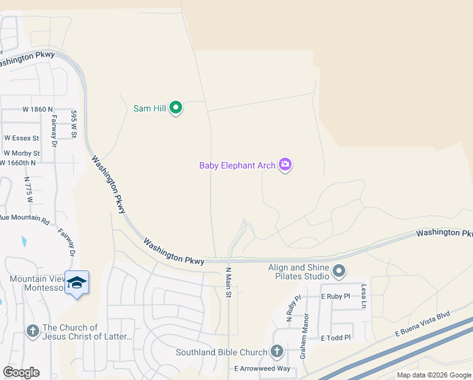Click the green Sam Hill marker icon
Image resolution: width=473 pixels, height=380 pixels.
click(x=176, y=108)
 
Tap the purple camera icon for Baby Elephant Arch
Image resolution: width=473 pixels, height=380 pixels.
click(x=285, y=165)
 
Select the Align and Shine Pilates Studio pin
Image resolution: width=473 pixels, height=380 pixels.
click(x=339, y=272)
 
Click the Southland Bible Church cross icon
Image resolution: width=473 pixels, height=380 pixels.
click(x=276, y=351)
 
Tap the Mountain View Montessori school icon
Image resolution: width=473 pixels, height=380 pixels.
click(x=77, y=282)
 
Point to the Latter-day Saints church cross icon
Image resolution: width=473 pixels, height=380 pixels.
click(x=33, y=331)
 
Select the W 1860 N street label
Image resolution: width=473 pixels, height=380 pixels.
click(x=37, y=109)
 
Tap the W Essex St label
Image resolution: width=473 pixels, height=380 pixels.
click(x=21, y=137)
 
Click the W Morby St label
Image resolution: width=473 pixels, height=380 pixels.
click(x=21, y=153)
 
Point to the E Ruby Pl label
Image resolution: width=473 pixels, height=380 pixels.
click(x=335, y=296)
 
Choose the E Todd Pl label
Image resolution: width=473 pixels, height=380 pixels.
click(x=335, y=338)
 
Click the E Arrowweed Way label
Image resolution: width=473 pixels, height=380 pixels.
click(x=262, y=368)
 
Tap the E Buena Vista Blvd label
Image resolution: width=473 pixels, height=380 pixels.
click(x=422, y=323)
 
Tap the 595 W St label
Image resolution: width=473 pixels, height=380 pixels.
click(x=74, y=123)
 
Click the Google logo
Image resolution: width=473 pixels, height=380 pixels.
click(x=21, y=372)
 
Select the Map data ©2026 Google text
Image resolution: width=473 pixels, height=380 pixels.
click(x=433, y=375)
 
